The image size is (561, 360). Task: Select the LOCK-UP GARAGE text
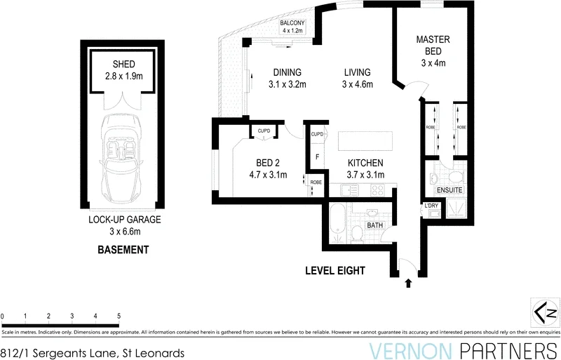tap(124, 220)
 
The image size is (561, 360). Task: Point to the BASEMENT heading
tap(123, 250)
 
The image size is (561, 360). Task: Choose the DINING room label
tap(287, 72)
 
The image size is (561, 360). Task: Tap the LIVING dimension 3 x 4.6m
tap(357, 85)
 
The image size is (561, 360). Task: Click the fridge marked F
tap(317, 156)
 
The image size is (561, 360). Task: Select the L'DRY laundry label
tap(431, 206)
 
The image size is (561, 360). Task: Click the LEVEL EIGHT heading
tap(335, 270)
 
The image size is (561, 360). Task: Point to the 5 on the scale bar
tap(119, 316)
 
